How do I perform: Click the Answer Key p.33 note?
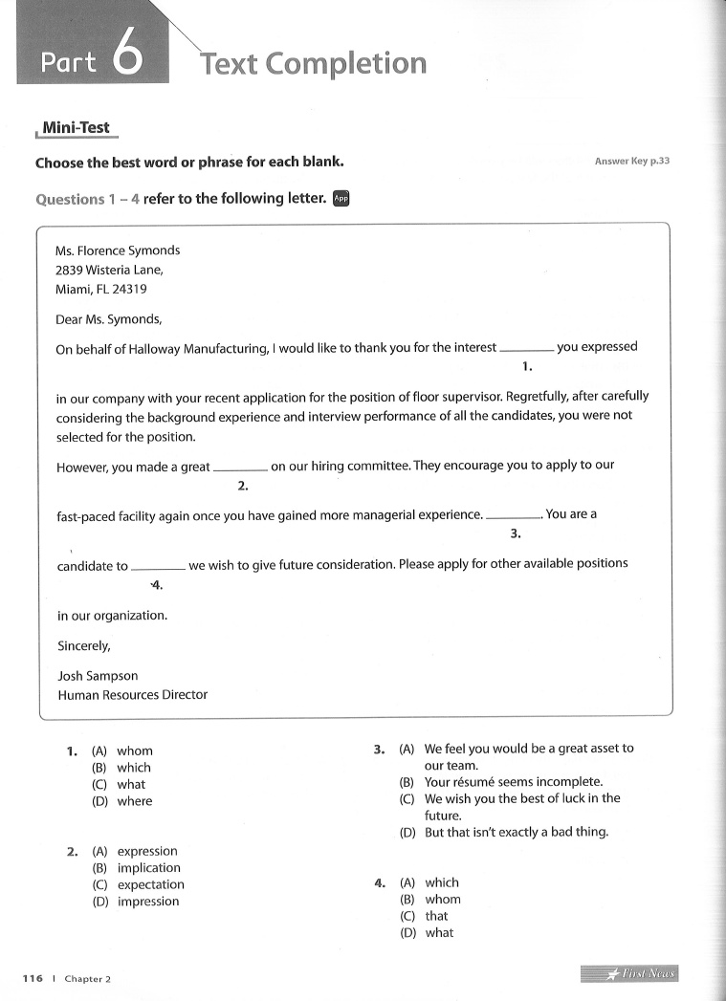click(x=631, y=162)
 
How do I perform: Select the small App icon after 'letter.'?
click(x=341, y=199)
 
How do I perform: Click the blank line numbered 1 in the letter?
click(x=526, y=351)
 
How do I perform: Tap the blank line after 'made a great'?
click(x=240, y=469)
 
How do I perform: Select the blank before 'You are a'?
click(x=515, y=517)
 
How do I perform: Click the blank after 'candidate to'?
click(x=158, y=568)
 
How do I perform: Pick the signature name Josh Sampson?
click(x=98, y=676)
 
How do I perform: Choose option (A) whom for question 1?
click(x=134, y=751)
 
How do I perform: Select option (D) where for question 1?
click(x=134, y=801)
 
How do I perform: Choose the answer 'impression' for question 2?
click(x=148, y=902)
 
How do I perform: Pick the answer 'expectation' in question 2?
click(x=150, y=884)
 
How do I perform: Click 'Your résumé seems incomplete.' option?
click(x=513, y=782)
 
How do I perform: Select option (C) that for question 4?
click(x=436, y=916)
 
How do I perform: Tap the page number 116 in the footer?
click(x=33, y=978)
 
